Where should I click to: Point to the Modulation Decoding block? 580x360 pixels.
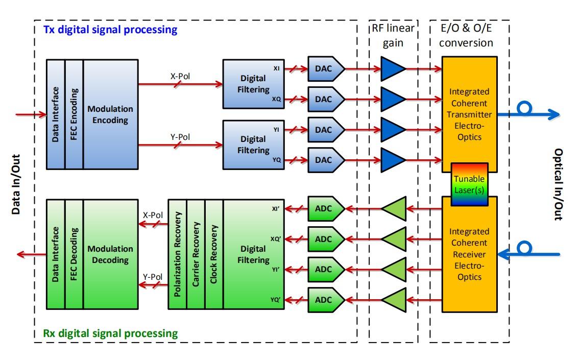(110, 254)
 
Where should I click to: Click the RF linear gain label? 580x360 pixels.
(393, 35)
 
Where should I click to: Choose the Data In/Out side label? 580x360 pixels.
(16, 184)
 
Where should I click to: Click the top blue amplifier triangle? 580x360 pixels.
(393, 68)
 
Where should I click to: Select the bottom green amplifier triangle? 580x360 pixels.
(393, 299)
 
